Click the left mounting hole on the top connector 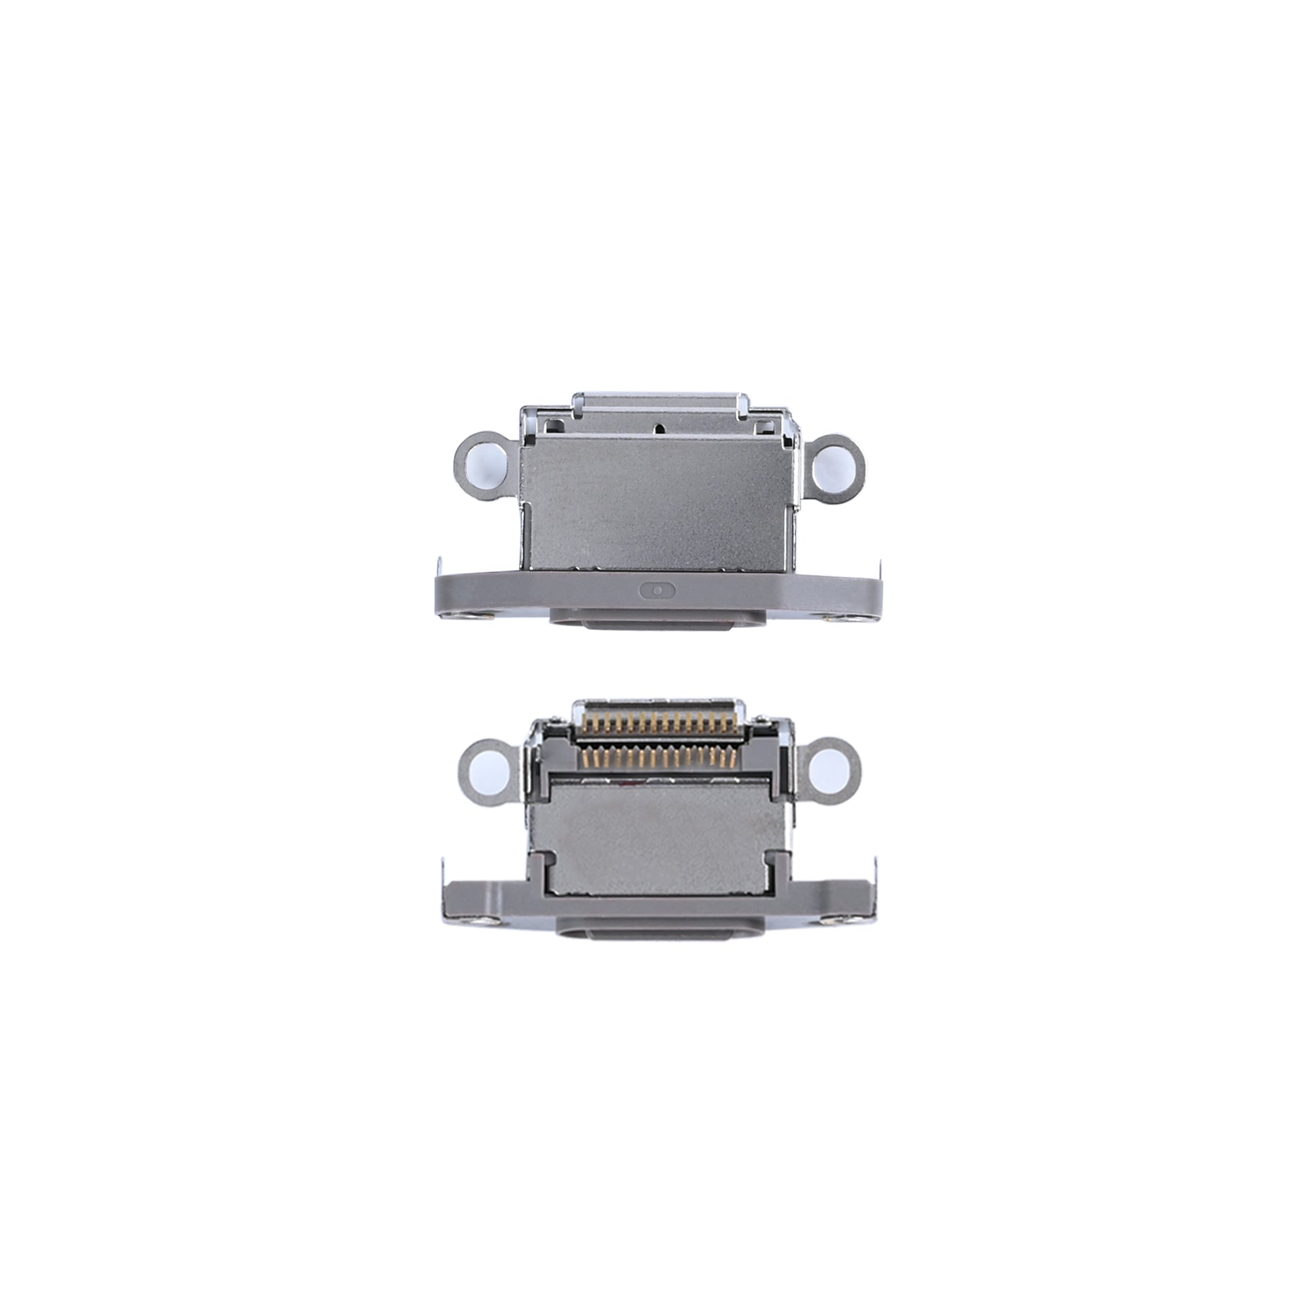point(484,466)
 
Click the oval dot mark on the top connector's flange point(656,589)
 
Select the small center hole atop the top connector point(657,428)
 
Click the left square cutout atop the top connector point(554,425)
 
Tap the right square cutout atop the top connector point(765,425)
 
